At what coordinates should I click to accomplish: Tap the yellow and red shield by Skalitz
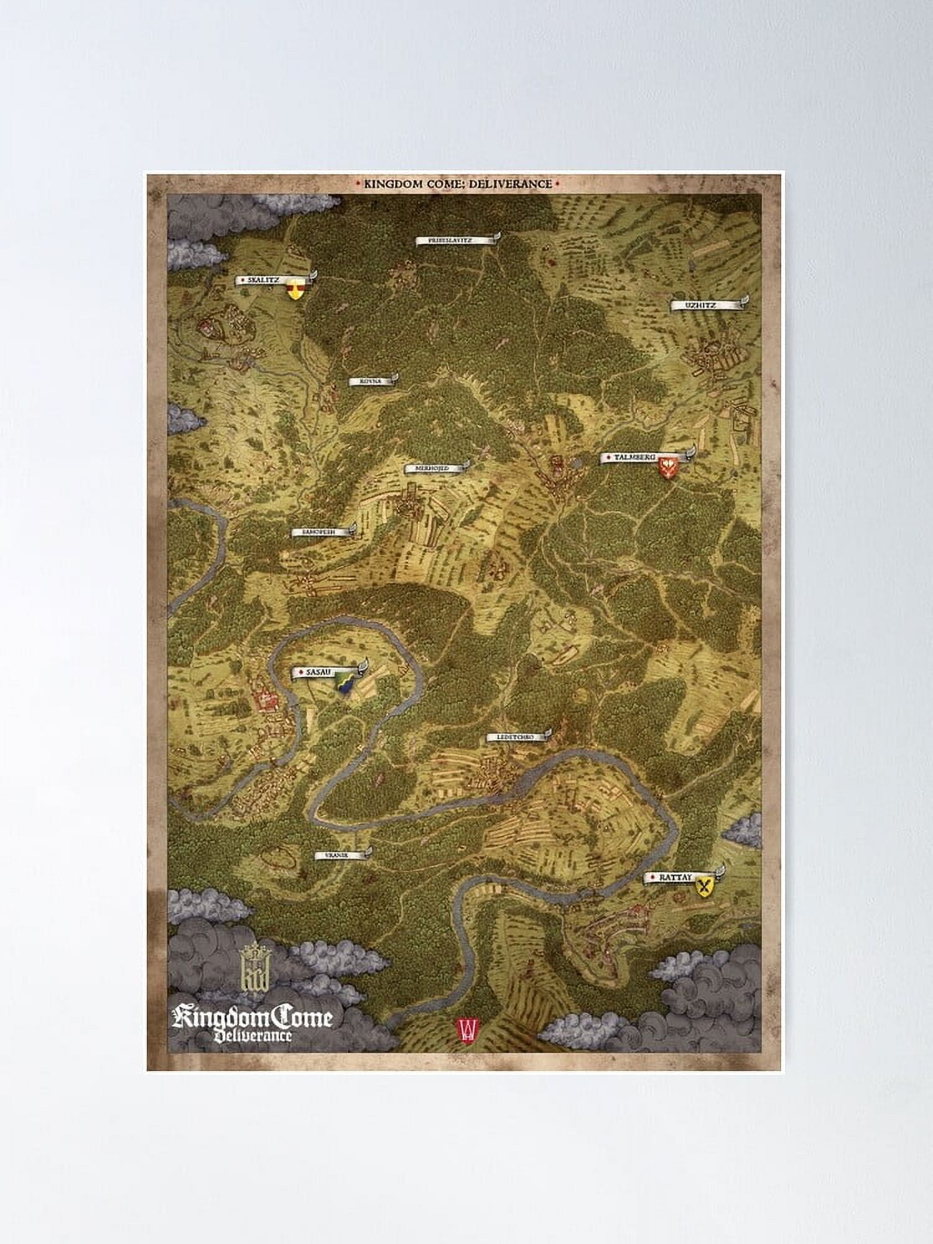pyautogui.click(x=295, y=289)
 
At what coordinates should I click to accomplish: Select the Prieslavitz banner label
pyautogui.click(x=455, y=239)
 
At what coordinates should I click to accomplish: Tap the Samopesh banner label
pyautogui.click(x=321, y=532)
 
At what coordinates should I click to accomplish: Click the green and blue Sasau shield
pyautogui.click(x=345, y=683)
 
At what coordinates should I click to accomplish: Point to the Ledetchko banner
pyautogui.click(x=516, y=737)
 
